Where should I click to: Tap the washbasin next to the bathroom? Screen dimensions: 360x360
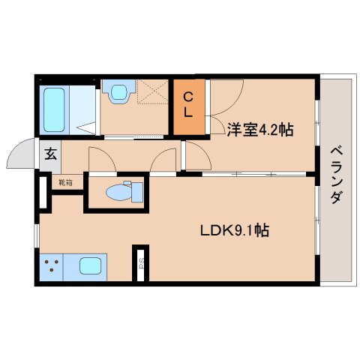click(x=118, y=93)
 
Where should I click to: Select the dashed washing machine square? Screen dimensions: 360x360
click(x=153, y=94)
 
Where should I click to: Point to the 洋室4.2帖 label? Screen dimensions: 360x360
click(x=259, y=130)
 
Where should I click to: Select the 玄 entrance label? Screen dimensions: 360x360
click(x=50, y=154)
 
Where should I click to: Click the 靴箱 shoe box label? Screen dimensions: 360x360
click(x=66, y=182)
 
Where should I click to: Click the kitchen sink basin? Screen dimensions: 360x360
click(x=89, y=265)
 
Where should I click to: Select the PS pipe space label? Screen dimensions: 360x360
click(x=140, y=264)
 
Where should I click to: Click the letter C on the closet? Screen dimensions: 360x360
click(x=190, y=96)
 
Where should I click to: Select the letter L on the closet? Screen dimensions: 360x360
click(x=190, y=114)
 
